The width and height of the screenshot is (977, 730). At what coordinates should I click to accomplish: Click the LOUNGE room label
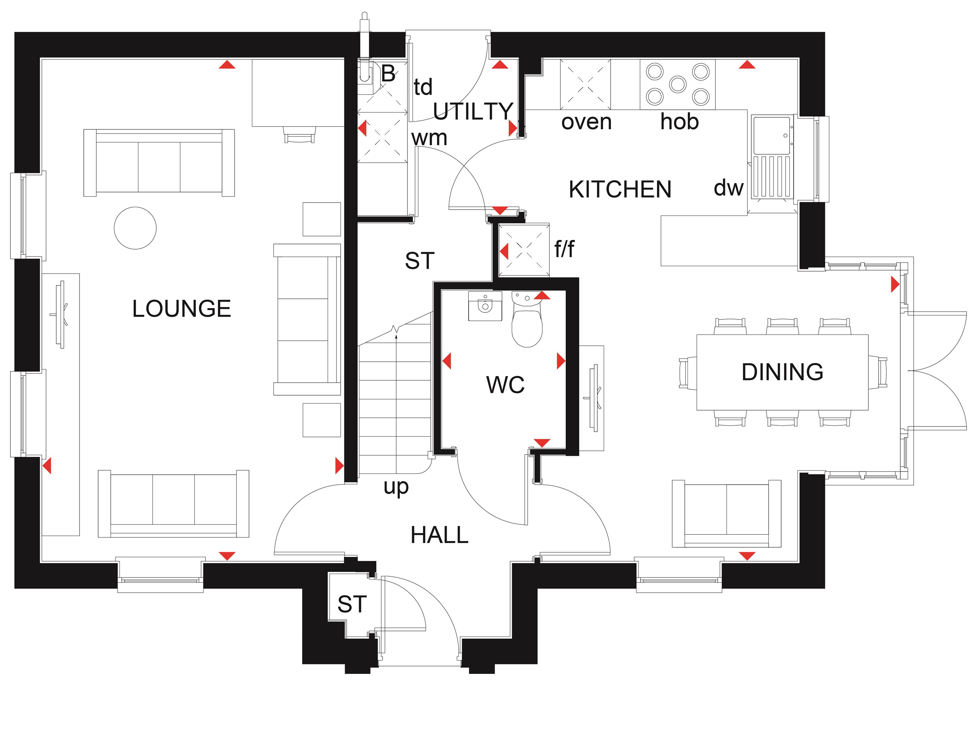point(181,309)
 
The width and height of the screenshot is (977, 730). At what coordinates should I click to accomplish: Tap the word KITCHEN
point(620,189)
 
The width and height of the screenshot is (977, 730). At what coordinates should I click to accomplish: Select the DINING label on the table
point(782,372)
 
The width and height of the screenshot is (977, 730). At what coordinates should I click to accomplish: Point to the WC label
point(505,385)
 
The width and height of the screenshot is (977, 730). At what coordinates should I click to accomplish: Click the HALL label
point(439,535)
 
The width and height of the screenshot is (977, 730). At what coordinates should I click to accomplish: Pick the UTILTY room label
point(473,111)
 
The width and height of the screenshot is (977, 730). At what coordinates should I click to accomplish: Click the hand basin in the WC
point(485,305)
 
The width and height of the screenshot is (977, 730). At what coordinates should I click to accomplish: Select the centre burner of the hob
point(678,84)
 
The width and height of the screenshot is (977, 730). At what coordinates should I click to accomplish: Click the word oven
point(586,122)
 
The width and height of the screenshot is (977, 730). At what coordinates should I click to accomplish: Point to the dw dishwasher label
point(728,188)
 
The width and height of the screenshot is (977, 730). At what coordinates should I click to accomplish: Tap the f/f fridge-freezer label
point(564,249)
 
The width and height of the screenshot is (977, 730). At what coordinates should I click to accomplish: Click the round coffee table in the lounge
point(135,228)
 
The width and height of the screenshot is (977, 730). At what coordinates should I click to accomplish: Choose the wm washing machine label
point(429,138)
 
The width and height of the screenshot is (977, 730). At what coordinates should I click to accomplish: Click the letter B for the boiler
point(388,73)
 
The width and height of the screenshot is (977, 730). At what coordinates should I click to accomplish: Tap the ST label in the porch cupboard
point(352,604)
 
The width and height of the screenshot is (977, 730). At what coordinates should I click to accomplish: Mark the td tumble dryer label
point(423,87)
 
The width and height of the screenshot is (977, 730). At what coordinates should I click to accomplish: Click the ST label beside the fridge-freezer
point(419,261)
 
